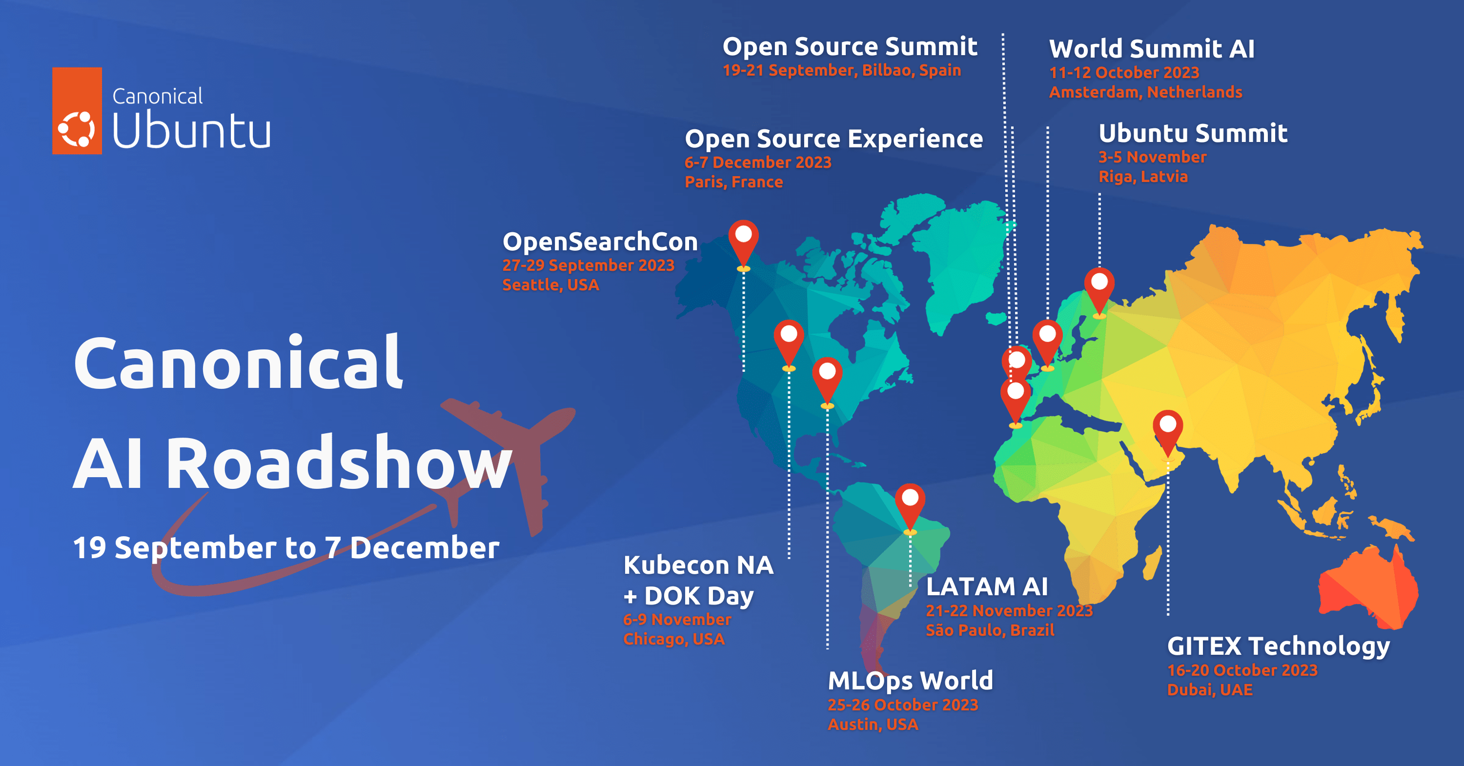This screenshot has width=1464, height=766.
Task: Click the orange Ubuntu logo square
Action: pos(77,111)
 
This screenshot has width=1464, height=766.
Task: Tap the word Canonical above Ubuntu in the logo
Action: pos(158,96)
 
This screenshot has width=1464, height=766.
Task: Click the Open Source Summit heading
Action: pos(850,47)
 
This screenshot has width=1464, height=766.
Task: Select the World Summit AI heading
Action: pos(1151,49)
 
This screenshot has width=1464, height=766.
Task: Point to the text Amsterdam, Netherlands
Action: pos(1146,92)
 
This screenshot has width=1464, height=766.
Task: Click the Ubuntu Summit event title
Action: pos(1193,134)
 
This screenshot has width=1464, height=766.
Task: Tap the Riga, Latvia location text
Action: pos(1143,177)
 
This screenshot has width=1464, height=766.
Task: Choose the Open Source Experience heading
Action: pos(834,139)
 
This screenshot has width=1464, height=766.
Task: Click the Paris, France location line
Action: pos(733,182)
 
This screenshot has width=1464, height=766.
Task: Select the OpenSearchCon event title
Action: pos(600,242)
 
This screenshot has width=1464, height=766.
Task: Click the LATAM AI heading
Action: pos(987,586)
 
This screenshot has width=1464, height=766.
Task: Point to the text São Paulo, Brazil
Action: pos(990,630)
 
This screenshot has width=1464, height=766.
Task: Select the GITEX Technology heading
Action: pos(1278,646)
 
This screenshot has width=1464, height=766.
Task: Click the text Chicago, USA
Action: pos(674,639)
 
